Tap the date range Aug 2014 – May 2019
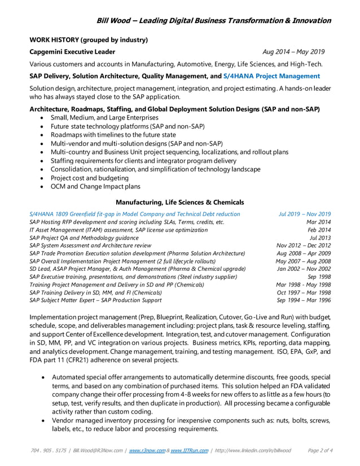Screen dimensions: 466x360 [x=290, y=51]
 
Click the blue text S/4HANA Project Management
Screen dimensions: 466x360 [x=271, y=76]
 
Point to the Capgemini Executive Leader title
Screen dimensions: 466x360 [x=72, y=51]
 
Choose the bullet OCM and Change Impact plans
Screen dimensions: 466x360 [x=95, y=187]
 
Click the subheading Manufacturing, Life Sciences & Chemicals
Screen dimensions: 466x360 [x=179, y=202]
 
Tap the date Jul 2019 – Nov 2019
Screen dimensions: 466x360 [x=305, y=214]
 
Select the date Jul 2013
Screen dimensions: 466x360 [x=321, y=238]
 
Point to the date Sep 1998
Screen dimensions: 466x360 [x=319, y=277]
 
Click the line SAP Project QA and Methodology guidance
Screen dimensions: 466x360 [x=84, y=238]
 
